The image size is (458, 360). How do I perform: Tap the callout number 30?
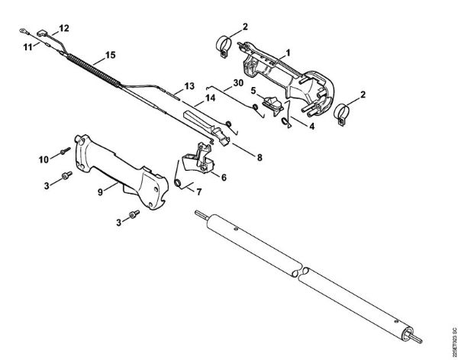coord(238,82)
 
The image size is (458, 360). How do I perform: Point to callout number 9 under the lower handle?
coord(99,192)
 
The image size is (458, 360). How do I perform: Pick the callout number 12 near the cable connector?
coord(64,28)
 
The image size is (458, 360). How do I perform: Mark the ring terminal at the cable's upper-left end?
coord(26,31)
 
